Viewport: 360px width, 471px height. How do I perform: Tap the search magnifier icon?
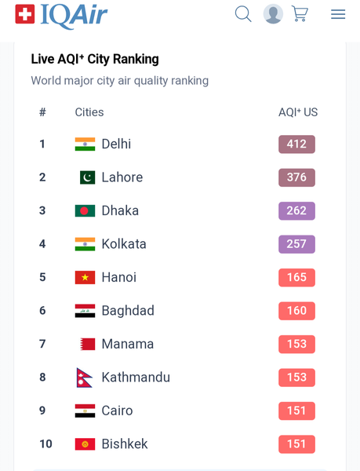pos(243,14)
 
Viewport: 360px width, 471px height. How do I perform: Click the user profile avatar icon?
pos(273,14)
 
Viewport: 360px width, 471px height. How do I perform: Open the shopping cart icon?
pos(300,14)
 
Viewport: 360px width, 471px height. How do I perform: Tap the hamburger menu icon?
pos(338,14)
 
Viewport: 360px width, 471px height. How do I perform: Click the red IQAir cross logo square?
pos(25,14)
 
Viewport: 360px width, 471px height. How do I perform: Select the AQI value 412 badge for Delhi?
pos(296,144)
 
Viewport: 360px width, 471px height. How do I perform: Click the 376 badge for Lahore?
pos(296,177)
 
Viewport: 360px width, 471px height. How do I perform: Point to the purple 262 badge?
pos(296,211)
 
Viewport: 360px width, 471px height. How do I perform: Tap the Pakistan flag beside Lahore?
pos(87,177)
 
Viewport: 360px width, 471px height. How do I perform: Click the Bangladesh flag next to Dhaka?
pos(85,211)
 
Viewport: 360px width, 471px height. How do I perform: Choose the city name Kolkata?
pos(124,244)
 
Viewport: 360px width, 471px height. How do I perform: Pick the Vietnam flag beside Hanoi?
pos(85,278)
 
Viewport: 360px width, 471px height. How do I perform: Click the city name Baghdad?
pos(128,311)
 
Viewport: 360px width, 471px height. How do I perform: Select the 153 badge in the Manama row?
pos(296,345)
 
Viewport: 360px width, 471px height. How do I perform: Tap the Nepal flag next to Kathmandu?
pos(84,378)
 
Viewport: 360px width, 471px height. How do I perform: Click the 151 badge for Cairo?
pos(296,411)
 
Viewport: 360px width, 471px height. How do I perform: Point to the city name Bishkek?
pos(125,444)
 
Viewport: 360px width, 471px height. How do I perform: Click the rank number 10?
pos(46,444)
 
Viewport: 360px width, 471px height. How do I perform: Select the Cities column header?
pos(89,112)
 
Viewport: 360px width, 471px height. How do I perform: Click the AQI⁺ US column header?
pos(298,112)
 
